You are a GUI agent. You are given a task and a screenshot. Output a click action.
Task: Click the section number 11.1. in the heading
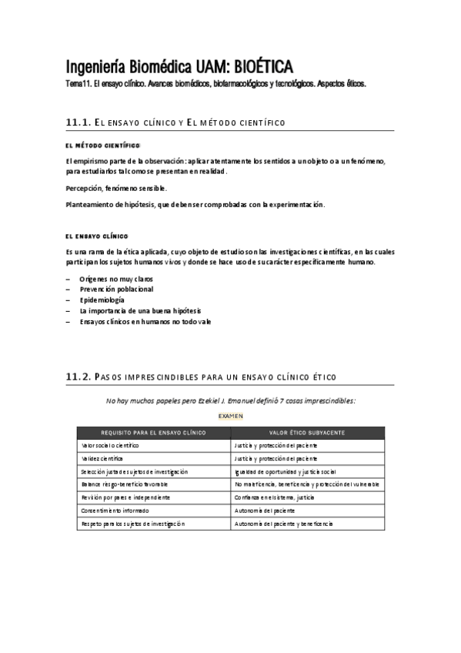click(x=79, y=122)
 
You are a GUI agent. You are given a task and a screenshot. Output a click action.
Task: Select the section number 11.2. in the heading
click(x=79, y=377)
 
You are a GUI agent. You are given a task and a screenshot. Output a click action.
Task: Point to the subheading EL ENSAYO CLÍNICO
click(x=97, y=236)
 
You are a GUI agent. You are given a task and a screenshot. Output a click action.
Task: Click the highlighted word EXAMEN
click(x=231, y=416)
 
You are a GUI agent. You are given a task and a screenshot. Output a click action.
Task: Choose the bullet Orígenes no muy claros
click(x=115, y=278)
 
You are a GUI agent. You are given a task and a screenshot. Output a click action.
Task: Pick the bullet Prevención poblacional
click(x=116, y=289)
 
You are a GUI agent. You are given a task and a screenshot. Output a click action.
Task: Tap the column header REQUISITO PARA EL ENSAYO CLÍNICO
click(x=153, y=433)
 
